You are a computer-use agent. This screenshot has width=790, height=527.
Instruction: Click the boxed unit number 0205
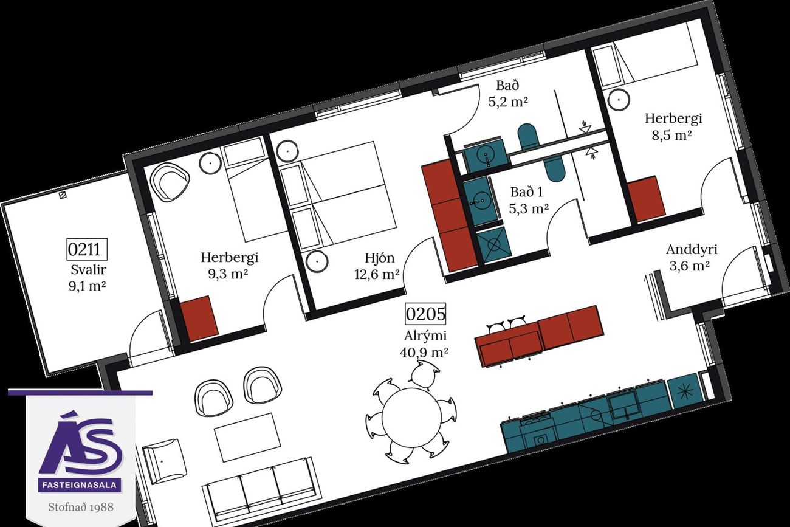[x=425, y=314]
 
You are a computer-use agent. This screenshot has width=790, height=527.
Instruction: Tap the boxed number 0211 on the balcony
[x=87, y=249]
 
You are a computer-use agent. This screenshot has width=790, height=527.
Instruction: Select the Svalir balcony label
[x=88, y=270]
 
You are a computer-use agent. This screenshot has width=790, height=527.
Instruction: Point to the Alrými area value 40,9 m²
[x=424, y=352]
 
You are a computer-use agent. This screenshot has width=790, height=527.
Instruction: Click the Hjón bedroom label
[x=379, y=258]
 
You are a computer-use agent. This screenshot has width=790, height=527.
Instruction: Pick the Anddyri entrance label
[x=692, y=250]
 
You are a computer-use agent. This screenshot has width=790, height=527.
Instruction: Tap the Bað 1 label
[x=526, y=192]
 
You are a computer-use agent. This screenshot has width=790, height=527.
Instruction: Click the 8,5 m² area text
[x=671, y=135]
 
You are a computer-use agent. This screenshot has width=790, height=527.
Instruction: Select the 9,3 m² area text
[x=227, y=274]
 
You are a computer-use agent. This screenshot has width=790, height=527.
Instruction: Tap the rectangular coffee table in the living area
[x=248, y=437]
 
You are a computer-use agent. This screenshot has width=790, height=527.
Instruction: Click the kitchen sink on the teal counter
[x=626, y=407]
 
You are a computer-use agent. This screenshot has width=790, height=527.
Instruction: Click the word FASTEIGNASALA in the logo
[x=79, y=485]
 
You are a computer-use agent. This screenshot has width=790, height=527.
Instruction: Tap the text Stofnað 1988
[x=81, y=508]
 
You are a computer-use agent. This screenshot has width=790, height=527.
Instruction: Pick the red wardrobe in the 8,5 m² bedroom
[x=646, y=199]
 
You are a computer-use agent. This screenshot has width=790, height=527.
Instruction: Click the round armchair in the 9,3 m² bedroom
[x=170, y=182]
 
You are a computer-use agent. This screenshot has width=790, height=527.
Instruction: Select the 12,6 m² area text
[x=377, y=274]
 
